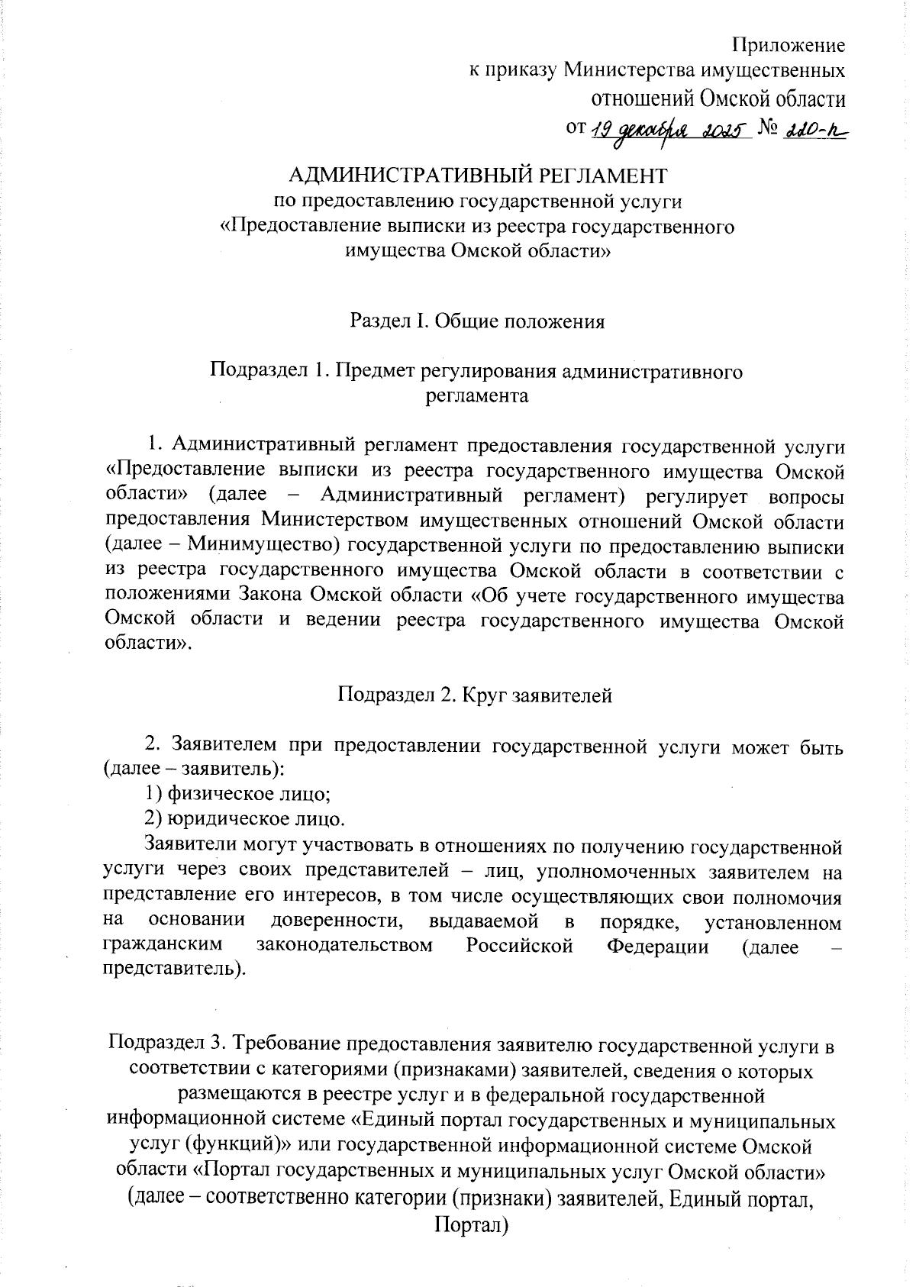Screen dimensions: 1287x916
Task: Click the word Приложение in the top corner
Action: [789, 45]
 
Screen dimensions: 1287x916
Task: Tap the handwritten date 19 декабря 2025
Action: [669, 130]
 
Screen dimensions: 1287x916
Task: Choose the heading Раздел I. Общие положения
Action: [477, 321]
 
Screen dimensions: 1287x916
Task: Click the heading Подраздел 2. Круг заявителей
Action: [475, 695]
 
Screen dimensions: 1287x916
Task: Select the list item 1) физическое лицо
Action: [238, 795]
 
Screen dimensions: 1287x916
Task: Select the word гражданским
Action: [163, 946]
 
